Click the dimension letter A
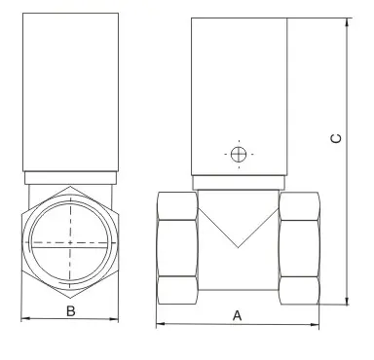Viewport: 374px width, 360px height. pyautogui.click(x=238, y=315)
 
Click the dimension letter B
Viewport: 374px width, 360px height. pyautogui.click(x=71, y=311)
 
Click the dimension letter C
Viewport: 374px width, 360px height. pyautogui.click(x=336, y=138)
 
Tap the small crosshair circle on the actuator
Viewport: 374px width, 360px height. pyautogui.click(x=239, y=155)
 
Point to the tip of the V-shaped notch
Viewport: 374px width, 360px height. pyautogui.click(x=238, y=248)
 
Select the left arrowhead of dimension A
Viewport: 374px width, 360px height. pyautogui.click(x=161, y=324)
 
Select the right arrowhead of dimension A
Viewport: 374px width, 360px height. pyautogui.click(x=315, y=324)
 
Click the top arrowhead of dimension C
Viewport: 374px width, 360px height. pyautogui.click(x=347, y=22)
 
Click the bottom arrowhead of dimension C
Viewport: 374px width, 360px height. pyautogui.click(x=347, y=301)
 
